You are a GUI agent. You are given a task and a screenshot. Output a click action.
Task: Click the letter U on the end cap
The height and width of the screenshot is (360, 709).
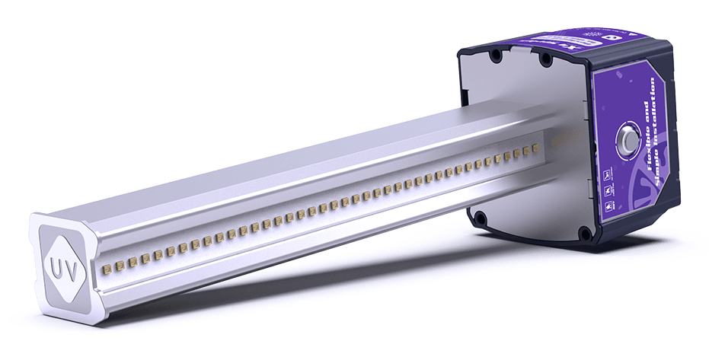coord(56,268)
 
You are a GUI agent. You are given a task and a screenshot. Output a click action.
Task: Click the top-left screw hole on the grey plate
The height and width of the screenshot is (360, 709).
coord(496,56)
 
